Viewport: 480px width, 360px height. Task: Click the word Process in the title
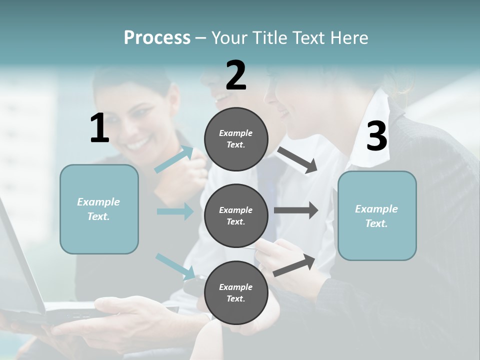coord(157,37)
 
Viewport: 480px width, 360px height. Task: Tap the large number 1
coord(99,128)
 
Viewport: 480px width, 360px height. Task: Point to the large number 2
coord(236,75)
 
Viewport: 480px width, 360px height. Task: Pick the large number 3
coord(376,136)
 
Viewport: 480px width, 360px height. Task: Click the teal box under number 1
coord(99,209)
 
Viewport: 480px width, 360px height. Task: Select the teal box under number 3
coord(377,215)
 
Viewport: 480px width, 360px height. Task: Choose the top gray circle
coord(236,139)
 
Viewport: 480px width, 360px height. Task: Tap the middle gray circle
coord(236,215)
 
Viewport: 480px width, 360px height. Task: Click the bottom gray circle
coord(236,292)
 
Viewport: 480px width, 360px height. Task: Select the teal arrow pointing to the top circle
coord(174,159)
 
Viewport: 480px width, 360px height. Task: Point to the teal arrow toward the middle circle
coord(175,211)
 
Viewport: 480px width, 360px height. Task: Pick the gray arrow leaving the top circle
coord(297,160)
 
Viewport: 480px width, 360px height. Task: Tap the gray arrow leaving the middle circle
coord(296,210)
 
